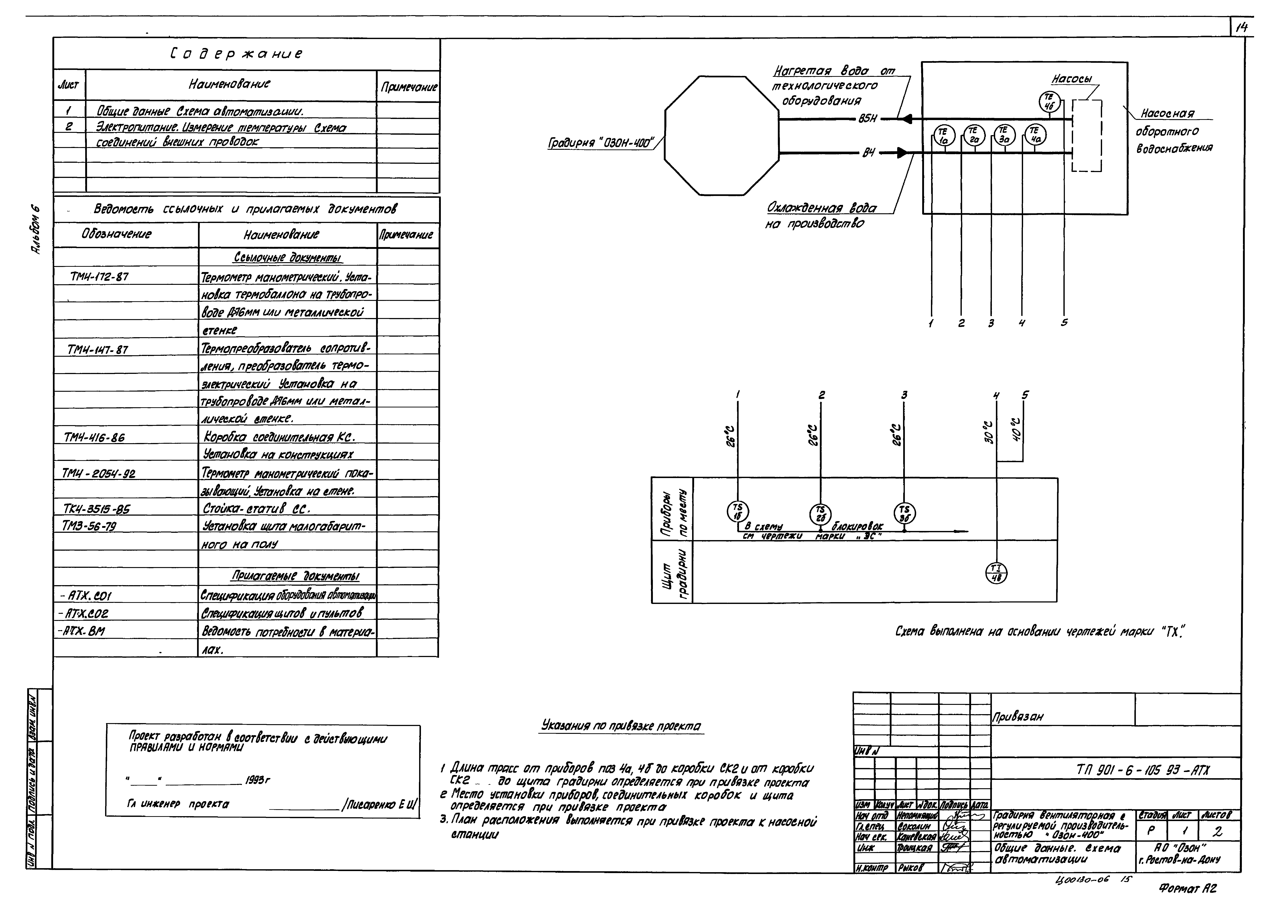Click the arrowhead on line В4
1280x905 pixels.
point(901,152)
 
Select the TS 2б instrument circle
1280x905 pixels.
point(820,513)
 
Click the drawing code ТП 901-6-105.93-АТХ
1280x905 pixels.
point(1143,770)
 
